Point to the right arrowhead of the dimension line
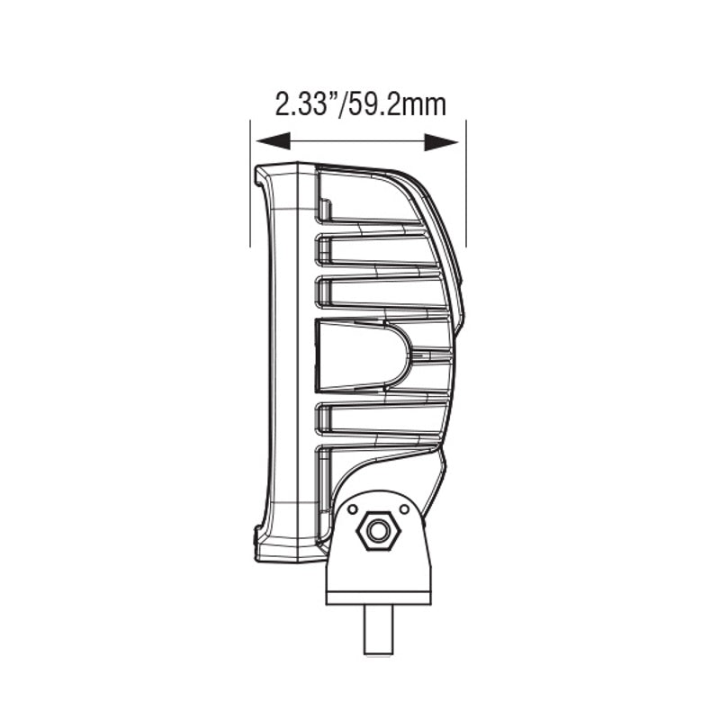(442, 141)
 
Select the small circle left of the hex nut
(349, 510)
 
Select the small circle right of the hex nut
(404, 510)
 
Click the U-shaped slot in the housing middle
(360, 355)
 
